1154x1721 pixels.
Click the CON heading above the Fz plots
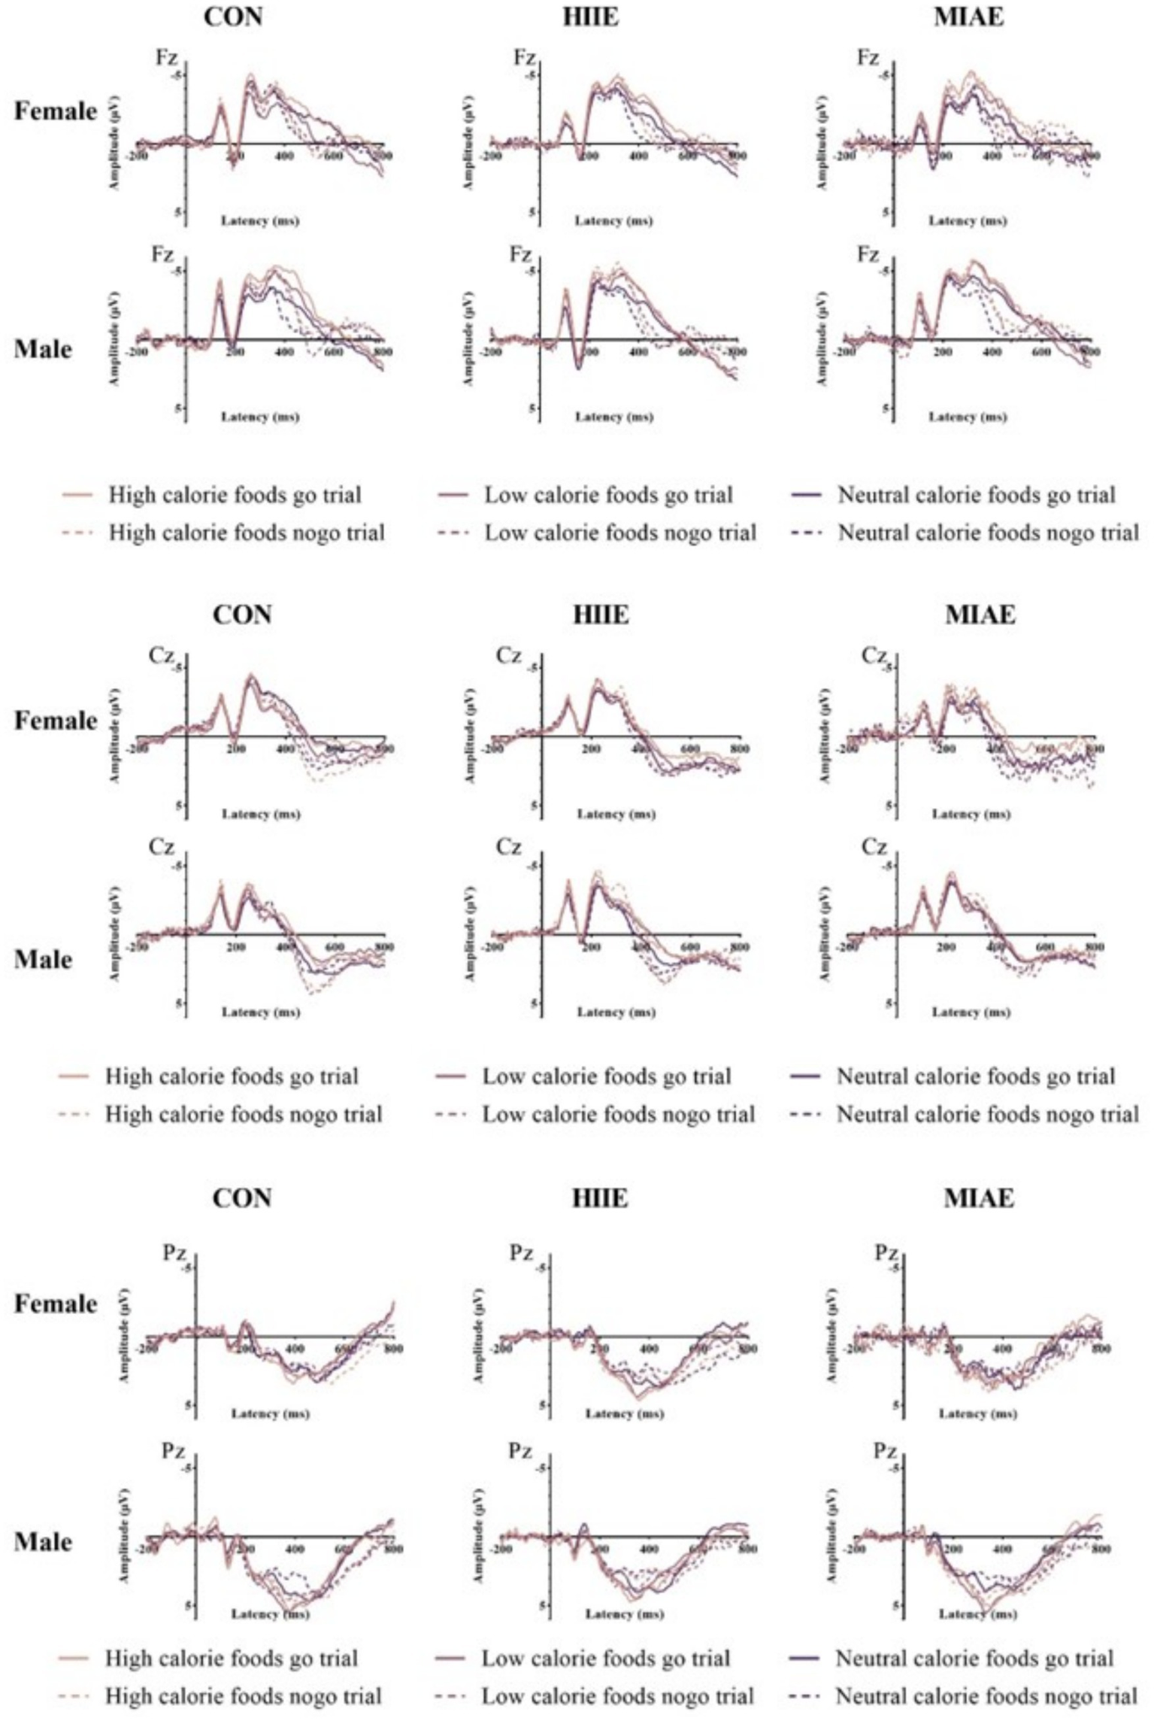pyautogui.click(x=234, y=17)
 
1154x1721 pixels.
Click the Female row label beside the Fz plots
pyautogui.click(x=56, y=111)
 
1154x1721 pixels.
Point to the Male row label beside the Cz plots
pyautogui.click(x=44, y=960)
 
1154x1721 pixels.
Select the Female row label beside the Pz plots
pyautogui.click(x=56, y=1304)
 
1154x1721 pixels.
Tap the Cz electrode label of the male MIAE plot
pyautogui.click(x=874, y=848)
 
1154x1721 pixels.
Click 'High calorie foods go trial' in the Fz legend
pyautogui.click(x=235, y=495)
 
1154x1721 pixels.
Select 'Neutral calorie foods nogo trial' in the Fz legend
pyautogui.click(x=988, y=533)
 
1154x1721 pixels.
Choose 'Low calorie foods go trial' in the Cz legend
pyautogui.click(x=606, y=1076)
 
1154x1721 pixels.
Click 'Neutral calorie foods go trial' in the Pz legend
pyautogui.click(x=974, y=1658)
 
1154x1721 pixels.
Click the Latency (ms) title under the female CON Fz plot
pyautogui.click(x=259, y=221)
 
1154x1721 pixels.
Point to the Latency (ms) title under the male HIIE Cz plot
pyautogui.click(x=616, y=1012)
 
